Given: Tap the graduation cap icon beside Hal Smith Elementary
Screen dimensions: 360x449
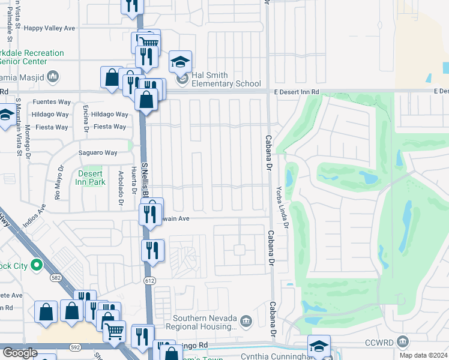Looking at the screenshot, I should [x=180, y=62].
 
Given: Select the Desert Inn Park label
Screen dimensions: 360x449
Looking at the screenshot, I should [x=91, y=178].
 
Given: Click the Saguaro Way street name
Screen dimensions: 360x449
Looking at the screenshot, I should [x=98, y=153].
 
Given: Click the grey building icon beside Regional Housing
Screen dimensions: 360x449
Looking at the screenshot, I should [x=246, y=322].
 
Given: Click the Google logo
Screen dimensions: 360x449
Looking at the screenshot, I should [x=20, y=353].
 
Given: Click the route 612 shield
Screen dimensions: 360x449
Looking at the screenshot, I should [x=149, y=281].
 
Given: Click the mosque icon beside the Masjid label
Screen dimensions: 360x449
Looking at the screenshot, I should [x=53, y=76].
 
